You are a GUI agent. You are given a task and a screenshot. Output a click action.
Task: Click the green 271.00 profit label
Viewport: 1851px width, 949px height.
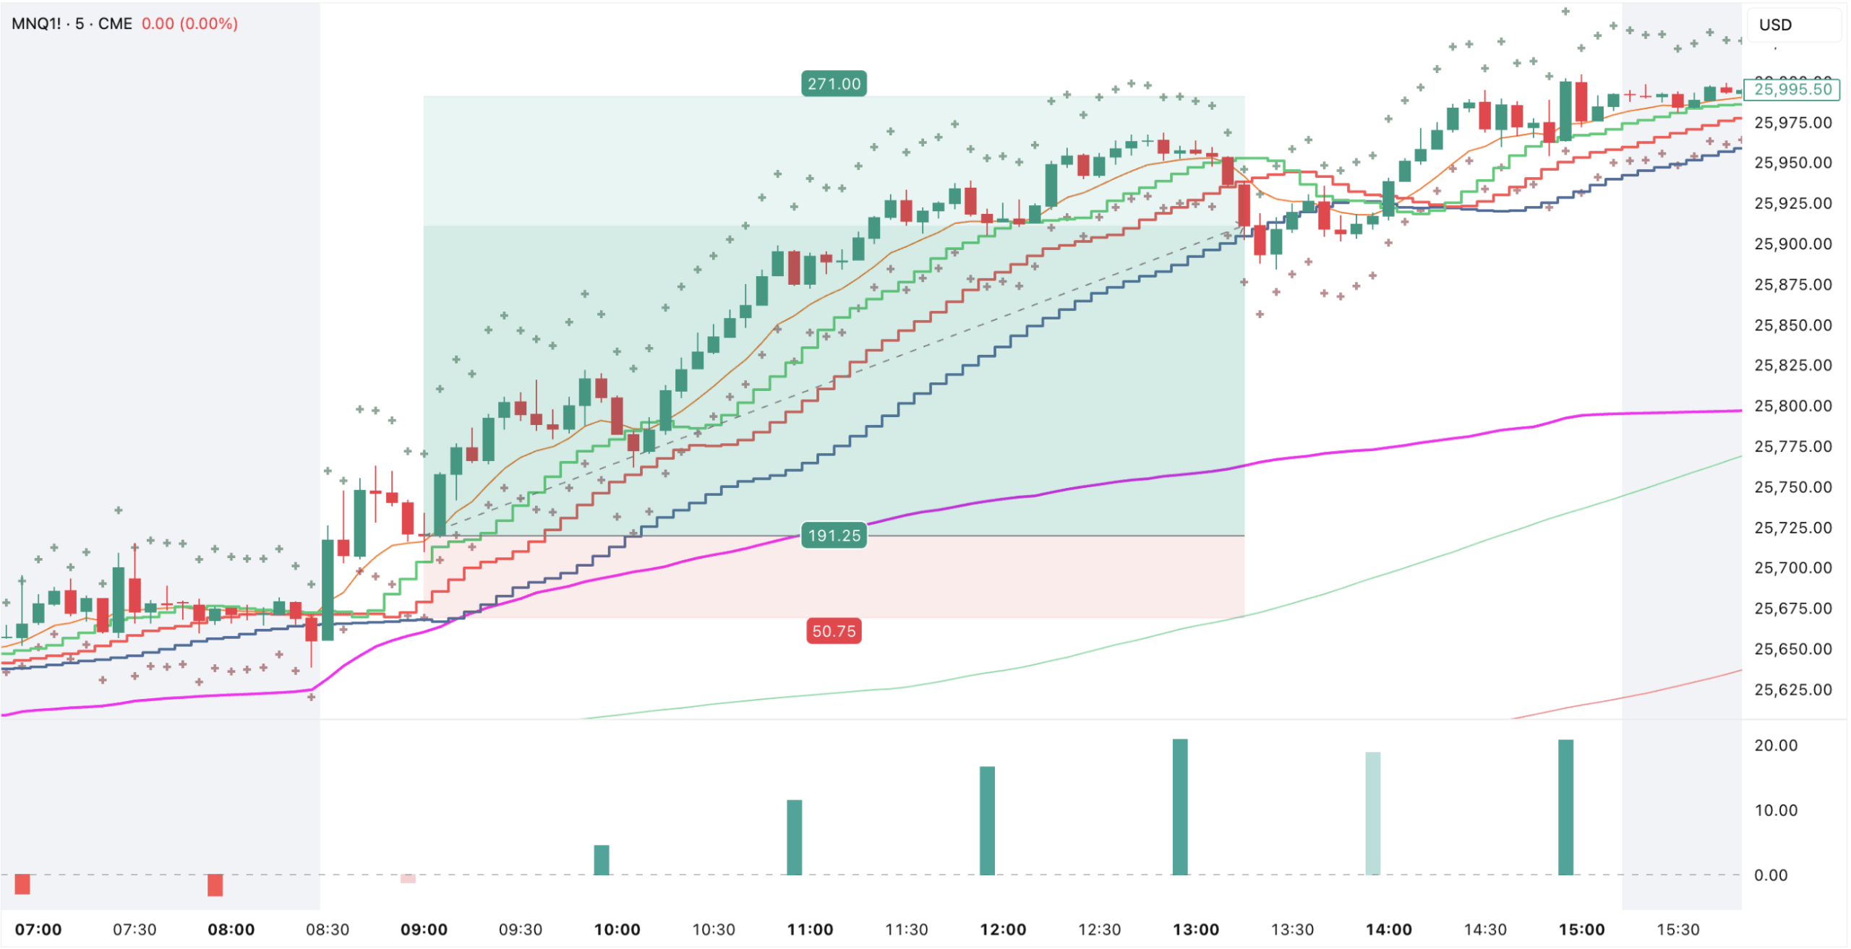(x=834, y=84)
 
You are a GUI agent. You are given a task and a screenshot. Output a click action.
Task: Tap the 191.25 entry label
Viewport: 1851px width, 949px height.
(x=834, y=536)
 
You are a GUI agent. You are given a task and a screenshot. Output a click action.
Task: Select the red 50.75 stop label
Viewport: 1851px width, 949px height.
(x=834, y=631)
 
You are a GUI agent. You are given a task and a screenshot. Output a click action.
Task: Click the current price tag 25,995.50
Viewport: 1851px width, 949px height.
(x=1792, y=90)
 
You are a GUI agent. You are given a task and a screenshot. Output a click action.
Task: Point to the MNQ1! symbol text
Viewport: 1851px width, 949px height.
(x=36, y=24)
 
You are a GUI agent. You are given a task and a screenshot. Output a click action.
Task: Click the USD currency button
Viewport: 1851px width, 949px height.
(x=1775, y=25)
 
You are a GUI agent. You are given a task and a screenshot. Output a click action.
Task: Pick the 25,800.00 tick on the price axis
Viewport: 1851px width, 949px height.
(x=1792, y=406)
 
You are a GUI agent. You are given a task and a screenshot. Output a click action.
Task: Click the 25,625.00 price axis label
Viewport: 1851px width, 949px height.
(x=1792, y=690)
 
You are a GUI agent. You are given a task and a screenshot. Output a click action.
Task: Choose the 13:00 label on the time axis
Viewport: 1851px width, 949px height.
(x=1195, y=929)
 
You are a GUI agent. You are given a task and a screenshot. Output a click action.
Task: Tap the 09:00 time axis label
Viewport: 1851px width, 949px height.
(x=424, y=929)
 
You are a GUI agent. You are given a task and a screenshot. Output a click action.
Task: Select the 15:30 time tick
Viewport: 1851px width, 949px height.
(x=1677, y=929)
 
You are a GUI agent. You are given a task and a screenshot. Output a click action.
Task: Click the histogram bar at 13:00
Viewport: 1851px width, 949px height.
(x=1179, y=807)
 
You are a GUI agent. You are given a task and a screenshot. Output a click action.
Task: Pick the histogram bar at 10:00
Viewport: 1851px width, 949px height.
(x=602, y=860)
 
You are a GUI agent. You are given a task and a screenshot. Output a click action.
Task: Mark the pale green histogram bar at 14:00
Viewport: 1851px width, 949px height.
(x=1372, y=813)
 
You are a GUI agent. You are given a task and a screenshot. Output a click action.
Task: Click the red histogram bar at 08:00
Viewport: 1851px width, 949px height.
(x=215, y=885)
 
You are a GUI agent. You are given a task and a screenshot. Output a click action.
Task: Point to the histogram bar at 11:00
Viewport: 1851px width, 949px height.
(x=794, y=837)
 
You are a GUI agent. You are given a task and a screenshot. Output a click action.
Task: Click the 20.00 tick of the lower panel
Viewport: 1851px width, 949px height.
(x=1775, y=746)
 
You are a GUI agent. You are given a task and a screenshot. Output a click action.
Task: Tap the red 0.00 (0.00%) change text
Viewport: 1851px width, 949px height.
(x=189, y=24)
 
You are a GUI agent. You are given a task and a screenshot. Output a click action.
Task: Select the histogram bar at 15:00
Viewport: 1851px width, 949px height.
(x=1565, y=807)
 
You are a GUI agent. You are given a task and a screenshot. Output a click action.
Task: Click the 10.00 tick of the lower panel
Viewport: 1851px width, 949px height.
(x=1775, y=810)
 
